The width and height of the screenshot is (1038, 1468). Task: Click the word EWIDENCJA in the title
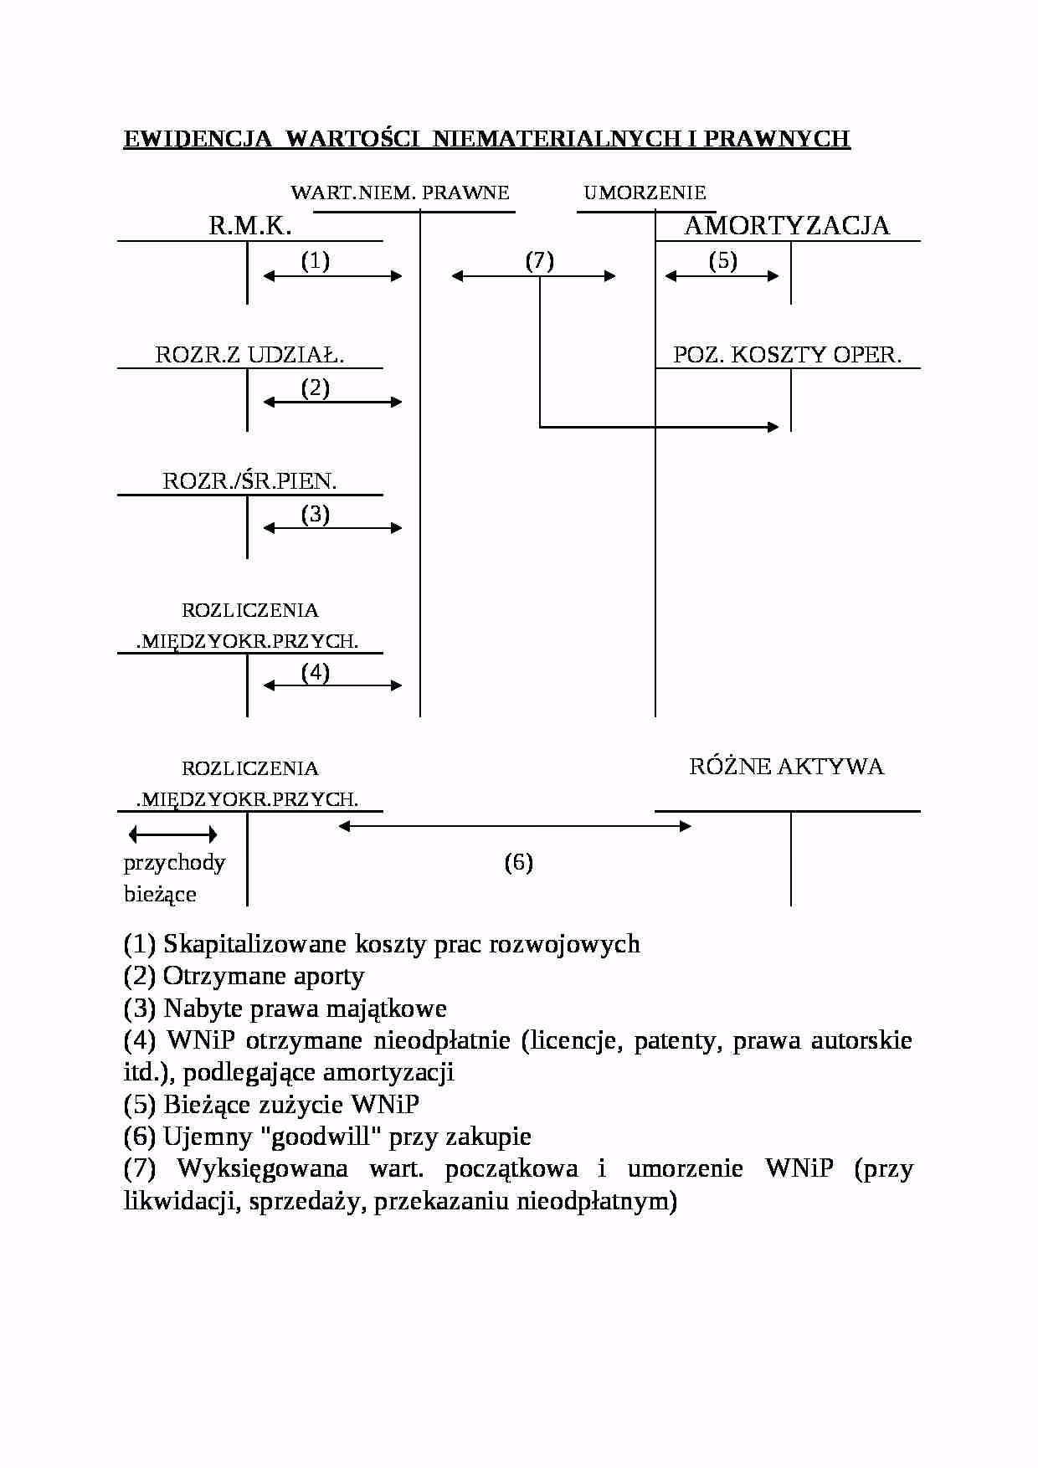(x=198, y=139)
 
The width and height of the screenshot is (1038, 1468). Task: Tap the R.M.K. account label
(x=249, y=226)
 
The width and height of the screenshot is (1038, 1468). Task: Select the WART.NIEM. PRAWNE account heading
(x=399, y=193)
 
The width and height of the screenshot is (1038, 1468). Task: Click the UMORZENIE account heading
(x=645, y=193)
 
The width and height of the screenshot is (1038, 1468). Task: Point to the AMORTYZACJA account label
(x=787, y=226)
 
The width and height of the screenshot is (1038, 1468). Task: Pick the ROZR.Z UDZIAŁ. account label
(x=249, y=355)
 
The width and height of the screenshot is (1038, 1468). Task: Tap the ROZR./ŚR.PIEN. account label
(x=249, y=481)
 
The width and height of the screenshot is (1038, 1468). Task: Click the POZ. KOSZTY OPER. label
(x=787, y=355)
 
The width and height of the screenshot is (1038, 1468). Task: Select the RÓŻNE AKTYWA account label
(x=786, y=767)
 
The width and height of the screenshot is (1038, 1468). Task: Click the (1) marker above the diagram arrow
(x=316, y=261)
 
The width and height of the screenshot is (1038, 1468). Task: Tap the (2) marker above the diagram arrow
(x=316, y=388)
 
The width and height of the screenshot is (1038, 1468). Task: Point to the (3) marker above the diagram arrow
(x=316, y=514)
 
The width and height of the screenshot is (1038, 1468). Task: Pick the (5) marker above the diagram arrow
(x=723, y=261)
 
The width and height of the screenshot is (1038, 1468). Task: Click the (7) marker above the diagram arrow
(x=540, y=261)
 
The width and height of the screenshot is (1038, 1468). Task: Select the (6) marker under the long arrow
(x=519, y=863)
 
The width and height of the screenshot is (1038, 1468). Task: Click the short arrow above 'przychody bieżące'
(x=173, y=834)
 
